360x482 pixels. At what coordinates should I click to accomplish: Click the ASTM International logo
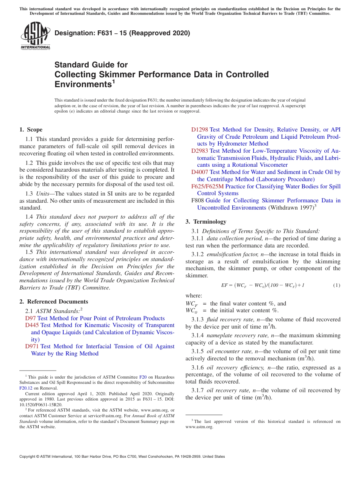tap(35, 36)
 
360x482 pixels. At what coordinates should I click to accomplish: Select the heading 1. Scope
tap(31, 130)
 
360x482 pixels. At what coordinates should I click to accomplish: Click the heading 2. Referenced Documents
tap(54, 302)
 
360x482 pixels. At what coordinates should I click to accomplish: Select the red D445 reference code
tap(32, 325)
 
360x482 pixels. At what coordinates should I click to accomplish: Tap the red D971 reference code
tap(32, 346)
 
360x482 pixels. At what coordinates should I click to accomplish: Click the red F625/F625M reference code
tap(208, 186)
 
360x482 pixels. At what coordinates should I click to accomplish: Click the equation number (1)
tap(337, 285)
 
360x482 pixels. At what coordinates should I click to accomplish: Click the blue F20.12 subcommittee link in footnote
tap(25, 388)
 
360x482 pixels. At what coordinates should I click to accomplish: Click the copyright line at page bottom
tap(122, 457)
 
